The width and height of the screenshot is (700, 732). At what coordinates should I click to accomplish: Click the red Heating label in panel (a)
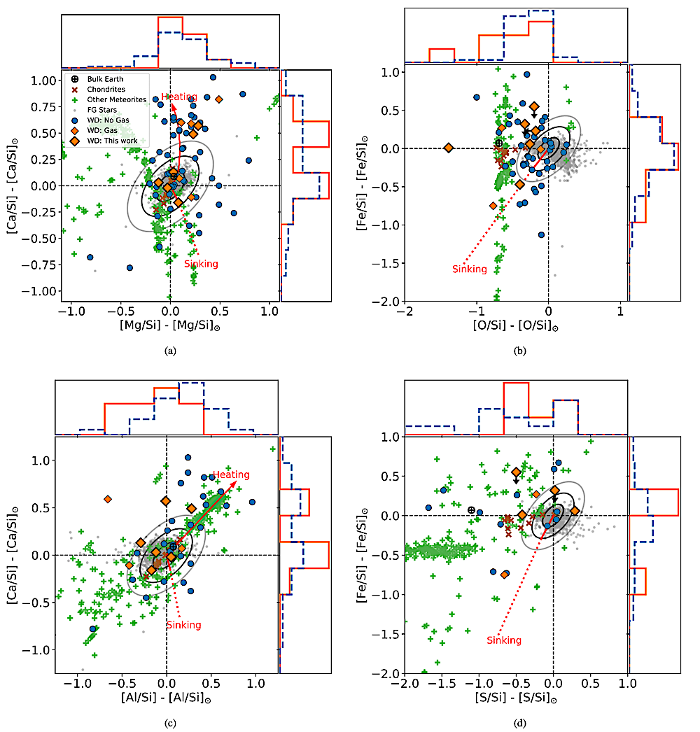(179, 97)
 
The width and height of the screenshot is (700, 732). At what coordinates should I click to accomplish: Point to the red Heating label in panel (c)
(230, 474)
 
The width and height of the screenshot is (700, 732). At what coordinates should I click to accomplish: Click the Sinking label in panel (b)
(469, 269)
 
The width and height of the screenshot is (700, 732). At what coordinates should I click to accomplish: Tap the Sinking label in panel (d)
(504, 640)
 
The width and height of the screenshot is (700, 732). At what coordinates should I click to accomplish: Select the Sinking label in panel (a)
(201, 264)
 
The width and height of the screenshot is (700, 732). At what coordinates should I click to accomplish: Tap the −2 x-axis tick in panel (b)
(405, 311)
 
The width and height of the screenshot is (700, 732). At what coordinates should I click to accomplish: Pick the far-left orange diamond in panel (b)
(448, 148)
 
